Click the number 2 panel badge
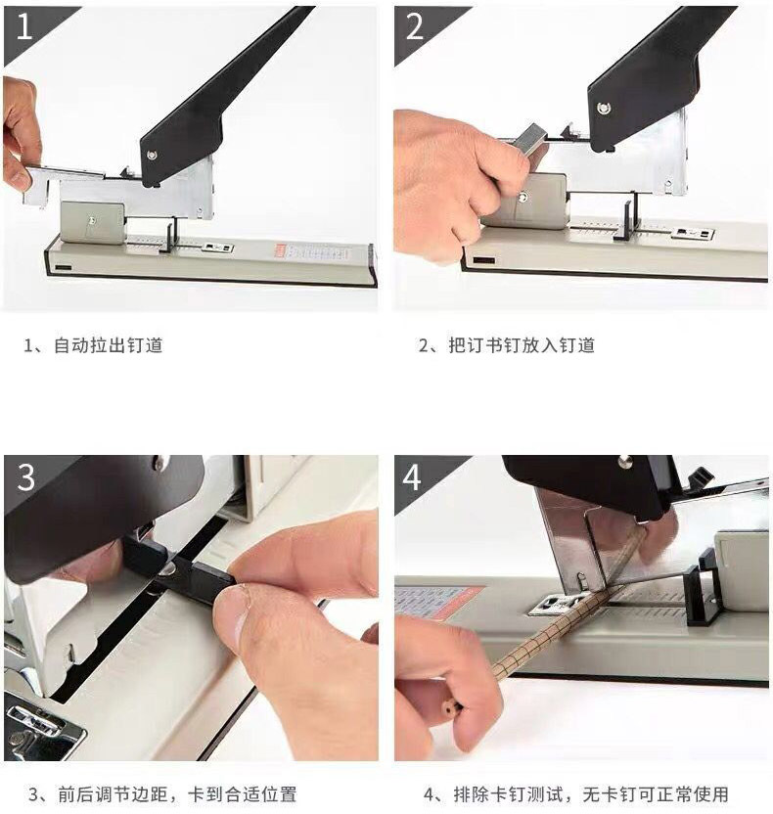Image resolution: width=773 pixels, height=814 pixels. click(x=415, y=27)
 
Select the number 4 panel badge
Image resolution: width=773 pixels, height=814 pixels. click(x=413, y=476)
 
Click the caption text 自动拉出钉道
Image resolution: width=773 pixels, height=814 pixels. click(x=109, y=345)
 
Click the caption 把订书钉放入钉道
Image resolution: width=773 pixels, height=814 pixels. click(x=522, y=345)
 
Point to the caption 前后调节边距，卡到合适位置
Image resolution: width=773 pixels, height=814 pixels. click(x=177, y=794)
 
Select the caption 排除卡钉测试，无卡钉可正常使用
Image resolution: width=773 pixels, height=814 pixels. click(x=591, y=794)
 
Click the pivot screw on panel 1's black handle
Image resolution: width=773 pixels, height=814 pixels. click(x=152, y=155)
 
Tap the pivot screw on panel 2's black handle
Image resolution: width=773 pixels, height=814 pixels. click(x=603, y=108)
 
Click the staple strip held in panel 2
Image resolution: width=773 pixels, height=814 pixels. click(x=529, y=139)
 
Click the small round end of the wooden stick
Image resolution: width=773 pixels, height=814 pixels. click(x=448, y=707)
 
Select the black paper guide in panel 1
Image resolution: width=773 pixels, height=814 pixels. click(x=169, y=235)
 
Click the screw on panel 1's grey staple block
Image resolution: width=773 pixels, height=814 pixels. click(x=92, y=221)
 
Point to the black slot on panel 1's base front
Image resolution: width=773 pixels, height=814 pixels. click(x=63, y=267)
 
